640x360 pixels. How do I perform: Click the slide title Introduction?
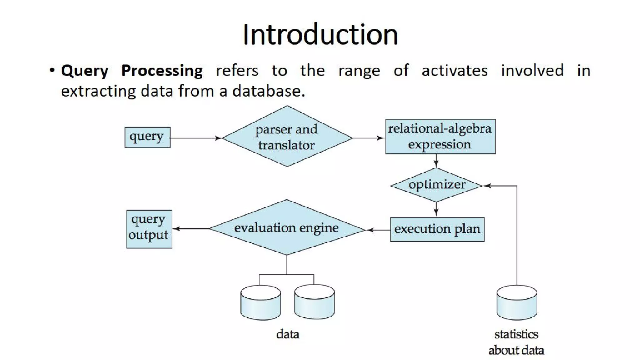click(320, 34)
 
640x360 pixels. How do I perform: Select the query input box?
click(147, 137)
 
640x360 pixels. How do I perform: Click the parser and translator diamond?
click(287, 137)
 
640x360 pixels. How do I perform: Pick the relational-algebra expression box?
click(440, 137)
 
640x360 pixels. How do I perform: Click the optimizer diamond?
click(436, 185)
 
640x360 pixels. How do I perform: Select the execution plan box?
click(437, 229)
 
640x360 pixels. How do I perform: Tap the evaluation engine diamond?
click(286, 228)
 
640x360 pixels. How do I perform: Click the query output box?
click(149, 229)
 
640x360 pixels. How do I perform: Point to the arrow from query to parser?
click(195, 138)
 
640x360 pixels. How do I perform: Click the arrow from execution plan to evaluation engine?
click(378, 230)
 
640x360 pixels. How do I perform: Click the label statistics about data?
click(516, 342)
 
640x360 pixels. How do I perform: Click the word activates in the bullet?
click(454, 71)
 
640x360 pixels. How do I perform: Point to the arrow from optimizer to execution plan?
click(436, 209)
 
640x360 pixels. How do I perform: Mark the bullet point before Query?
click(52, 70)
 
